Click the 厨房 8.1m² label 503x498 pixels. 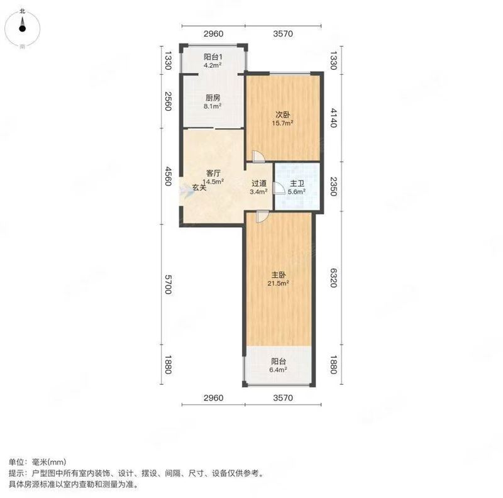[x=212, y=102]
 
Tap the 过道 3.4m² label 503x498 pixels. [x=257, y=187]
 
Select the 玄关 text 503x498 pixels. [x=199, y=187]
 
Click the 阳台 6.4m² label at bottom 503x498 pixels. [x=279, y=365]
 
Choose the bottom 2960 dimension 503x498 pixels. [x=213, y=397]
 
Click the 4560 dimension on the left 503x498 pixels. [x=167, y=177]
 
